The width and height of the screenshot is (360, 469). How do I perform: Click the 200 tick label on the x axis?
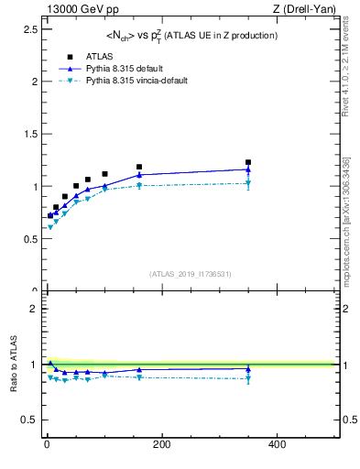(161, 444)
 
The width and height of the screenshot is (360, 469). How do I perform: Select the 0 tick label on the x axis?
(47, 444)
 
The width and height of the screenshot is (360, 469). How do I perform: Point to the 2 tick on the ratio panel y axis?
(34, 309)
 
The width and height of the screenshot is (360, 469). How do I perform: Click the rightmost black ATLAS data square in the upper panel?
(248, 162)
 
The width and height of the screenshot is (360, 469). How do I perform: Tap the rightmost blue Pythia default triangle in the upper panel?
(248, 169)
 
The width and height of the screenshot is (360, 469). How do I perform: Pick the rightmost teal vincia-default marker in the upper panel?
(248, 183)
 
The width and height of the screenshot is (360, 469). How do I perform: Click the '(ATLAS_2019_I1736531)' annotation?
(191, 273)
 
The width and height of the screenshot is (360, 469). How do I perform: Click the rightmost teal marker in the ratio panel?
(248, 377)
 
